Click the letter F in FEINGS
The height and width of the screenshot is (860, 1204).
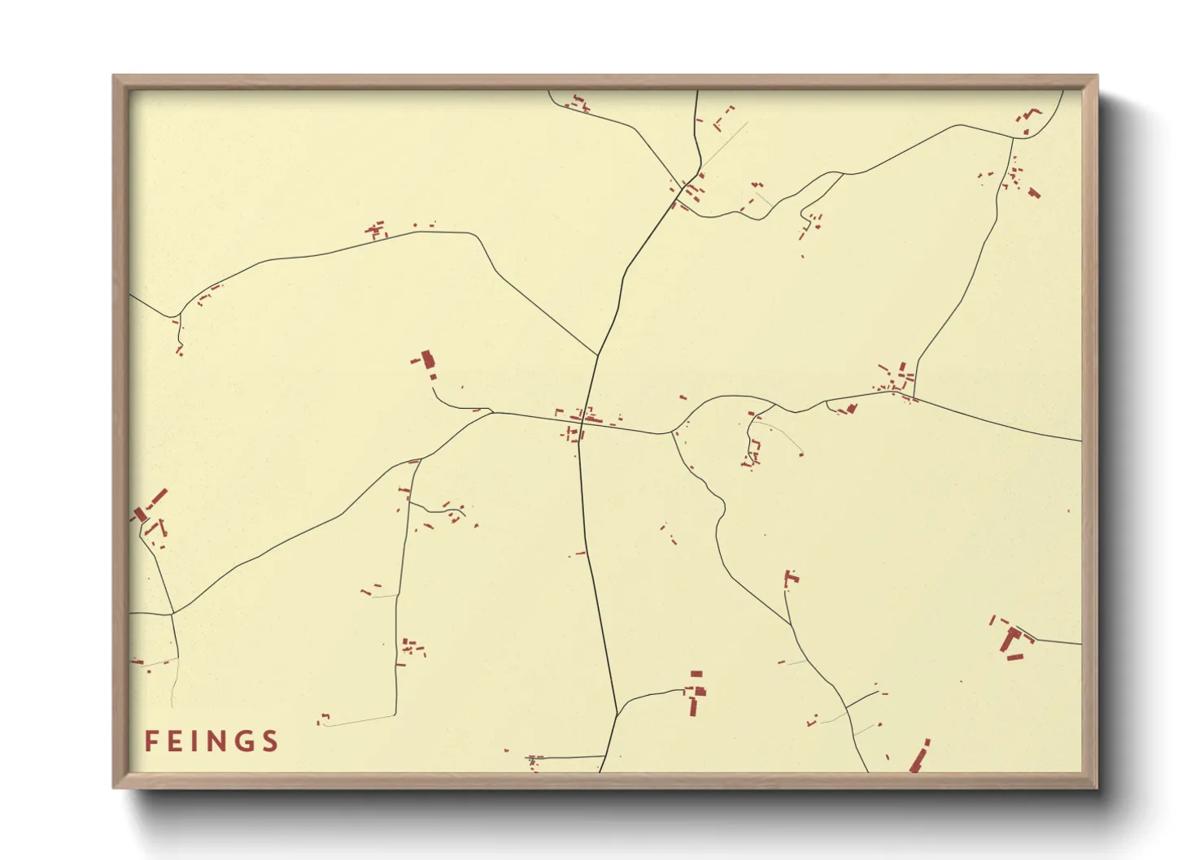pos(150,741)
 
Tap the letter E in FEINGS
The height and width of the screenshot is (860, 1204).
pos(176,741)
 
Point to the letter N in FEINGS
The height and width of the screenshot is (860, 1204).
pos(217,741)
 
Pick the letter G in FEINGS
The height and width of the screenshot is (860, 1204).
pos(244,741)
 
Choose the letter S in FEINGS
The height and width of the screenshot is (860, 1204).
pos(270,741)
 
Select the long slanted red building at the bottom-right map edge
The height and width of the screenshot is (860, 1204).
pos(919,756)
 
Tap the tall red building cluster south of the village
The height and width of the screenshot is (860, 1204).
pos(694,697)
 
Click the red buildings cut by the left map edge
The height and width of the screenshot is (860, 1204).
pos(140,515)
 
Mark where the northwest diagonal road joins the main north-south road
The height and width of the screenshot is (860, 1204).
pos(598,355)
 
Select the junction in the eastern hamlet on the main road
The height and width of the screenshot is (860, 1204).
pos(914,397)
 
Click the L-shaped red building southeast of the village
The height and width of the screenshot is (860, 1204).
pos(790,578)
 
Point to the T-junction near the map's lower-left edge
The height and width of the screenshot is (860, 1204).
pos(172,614)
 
